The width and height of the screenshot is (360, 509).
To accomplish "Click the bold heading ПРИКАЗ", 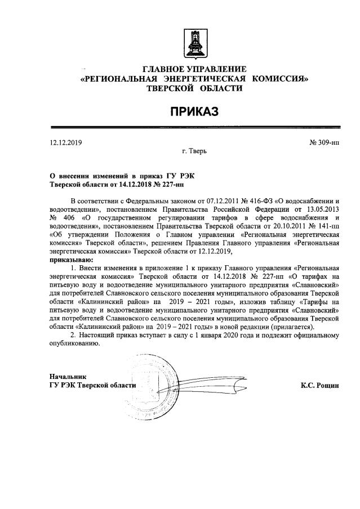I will pyautogui.click(x=194, y=112).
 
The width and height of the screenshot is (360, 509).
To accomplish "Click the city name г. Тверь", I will pyautogui.click(x=194, y=152).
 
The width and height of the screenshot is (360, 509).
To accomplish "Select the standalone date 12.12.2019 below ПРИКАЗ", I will pyautogui.click(x=66, y=142).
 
